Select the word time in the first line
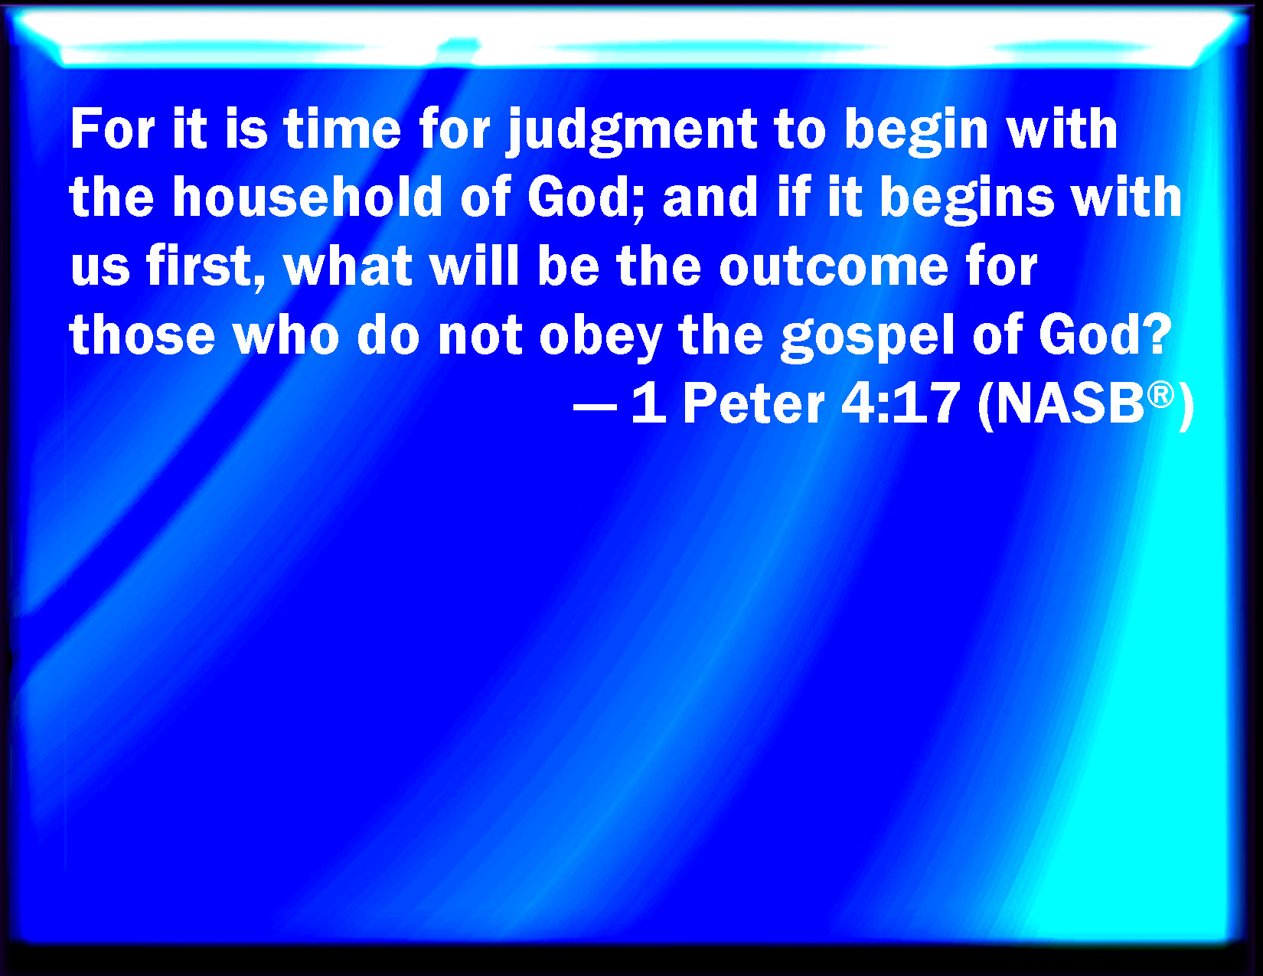[342, 129]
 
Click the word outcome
[834, 268]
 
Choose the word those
[142, 335]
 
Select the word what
[348, 266]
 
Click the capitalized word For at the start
[113, 129]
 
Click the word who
[286, 335]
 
